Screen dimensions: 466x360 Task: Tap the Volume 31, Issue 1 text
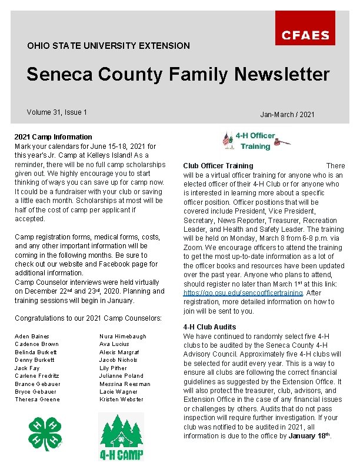point(57,112)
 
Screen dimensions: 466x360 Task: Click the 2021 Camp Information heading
point(54,137)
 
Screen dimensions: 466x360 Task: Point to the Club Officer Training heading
point(218,166)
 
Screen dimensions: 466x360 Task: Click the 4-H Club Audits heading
point(209,327)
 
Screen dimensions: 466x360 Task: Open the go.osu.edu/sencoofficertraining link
point(244,292)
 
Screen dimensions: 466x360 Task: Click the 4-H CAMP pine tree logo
point(121,436)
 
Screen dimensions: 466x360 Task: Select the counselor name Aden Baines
point(32,336)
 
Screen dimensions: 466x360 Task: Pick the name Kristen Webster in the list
point(122,400)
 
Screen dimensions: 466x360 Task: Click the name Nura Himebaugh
point(123,336)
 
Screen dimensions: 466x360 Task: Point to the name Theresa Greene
point(38,400)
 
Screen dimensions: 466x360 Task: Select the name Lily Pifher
point(113,368)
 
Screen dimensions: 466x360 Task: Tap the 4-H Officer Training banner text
point(255,141)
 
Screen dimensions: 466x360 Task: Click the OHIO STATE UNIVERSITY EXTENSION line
point(108,45)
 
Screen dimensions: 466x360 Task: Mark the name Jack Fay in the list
point(27,368)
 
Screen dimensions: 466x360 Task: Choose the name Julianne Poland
point(121,375)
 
